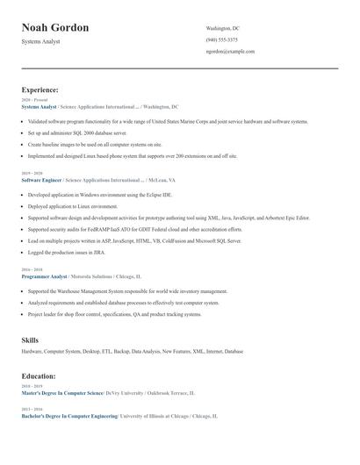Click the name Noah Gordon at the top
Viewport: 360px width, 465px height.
click(55, 27)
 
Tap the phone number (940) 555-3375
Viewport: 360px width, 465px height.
click(221, 39)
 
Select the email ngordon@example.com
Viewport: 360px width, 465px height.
click(230, 51)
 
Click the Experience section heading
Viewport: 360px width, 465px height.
click(40, 89)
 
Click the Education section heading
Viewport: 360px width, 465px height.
click(40, 376)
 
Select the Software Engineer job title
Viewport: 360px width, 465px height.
click(41, 179)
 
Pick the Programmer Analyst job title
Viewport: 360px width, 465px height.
click(43, 275)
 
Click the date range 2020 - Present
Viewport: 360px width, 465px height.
click(35, 100)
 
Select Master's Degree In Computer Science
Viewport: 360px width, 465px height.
click(62, 393)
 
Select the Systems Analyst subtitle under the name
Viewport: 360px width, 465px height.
click(40, 41)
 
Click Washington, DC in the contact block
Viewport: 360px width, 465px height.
click(223, 28)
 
